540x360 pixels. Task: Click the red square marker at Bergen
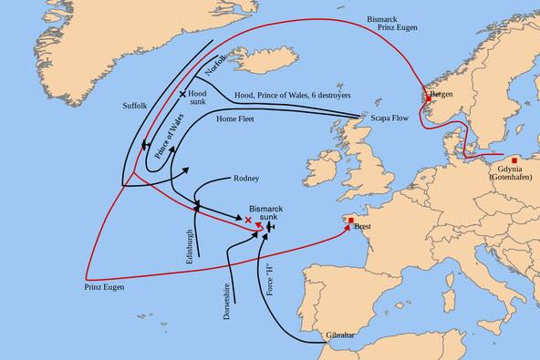pyautogui.click(x=428, y=98)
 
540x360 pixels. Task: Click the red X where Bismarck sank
pyautogui.click(x=248, y=220)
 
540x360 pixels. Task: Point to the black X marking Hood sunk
pyautogui.click(x=182, y=94)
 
